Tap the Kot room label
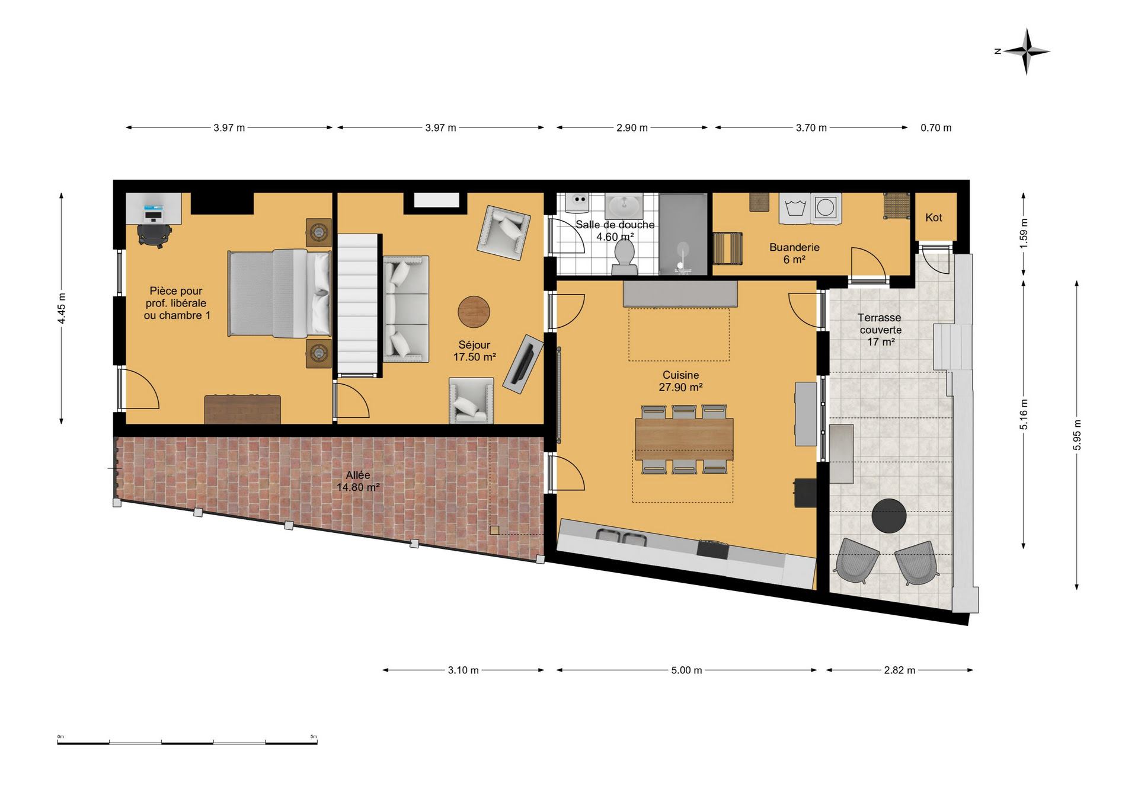[934, 218]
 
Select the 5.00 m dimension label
[686, 670]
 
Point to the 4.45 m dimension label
[62, 309]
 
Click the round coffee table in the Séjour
[474, 312]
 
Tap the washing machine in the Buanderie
[826, 208]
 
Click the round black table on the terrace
[889, 516]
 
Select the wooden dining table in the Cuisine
[684, 439]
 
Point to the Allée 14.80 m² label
[358, 481]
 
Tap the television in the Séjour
[523, 364]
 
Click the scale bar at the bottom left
[187, 742]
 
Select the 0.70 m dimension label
[936, 128]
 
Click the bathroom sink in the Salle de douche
[624, 206]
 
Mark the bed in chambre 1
[279, 293]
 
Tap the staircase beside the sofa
[358, 305]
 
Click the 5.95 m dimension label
[1077, 435]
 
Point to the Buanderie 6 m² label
[794, 254]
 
